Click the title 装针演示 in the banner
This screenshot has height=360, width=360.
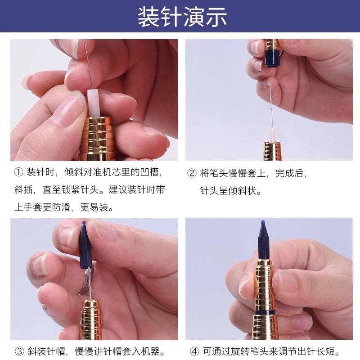click(182, 17)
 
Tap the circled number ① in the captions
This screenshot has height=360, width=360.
click(18, 172)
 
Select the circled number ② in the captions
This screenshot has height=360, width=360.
click(192, 173)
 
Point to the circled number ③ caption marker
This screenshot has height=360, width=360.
click(19, 351)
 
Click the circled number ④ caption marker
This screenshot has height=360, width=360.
click(194, 351)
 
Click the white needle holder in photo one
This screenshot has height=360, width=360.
click(93, 103)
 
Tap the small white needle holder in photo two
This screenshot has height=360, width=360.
click(272, 135)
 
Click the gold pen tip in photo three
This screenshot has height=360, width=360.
click(91, 319)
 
